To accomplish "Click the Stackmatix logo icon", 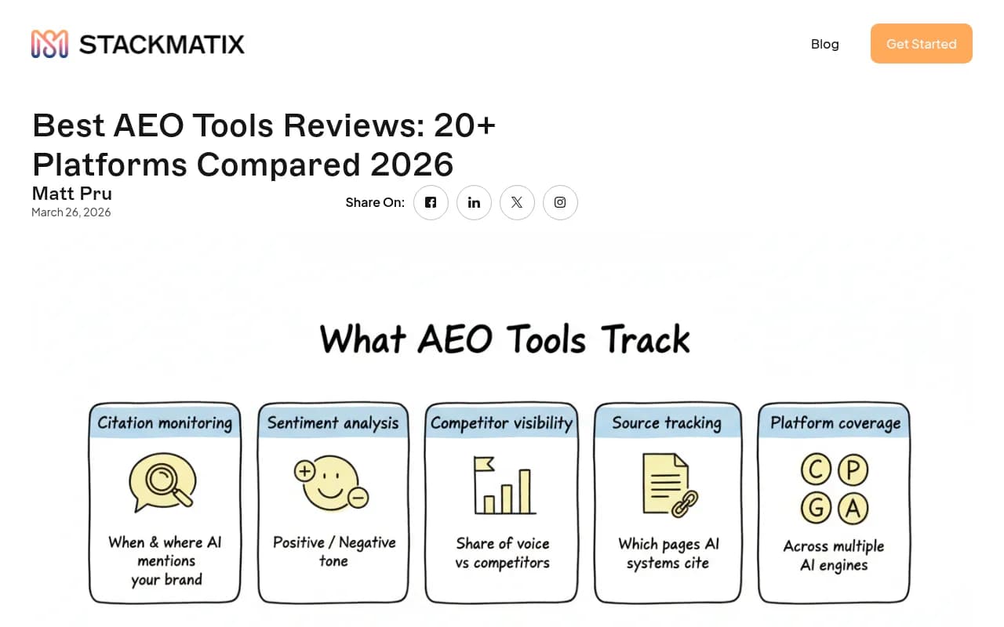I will pyautogui.click(x=49, y=44).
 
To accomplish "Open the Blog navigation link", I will pyautogui.click(x=824, y=44).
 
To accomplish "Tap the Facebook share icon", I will pyautogui.click(x=431, y=202).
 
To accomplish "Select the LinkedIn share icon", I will pyautogui.click(x=474, y=202).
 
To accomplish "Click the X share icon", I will pyautogui.click(x=517, y=202).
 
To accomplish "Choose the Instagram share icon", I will pyautogui.click(x=560, y=202).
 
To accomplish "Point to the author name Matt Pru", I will pyautogui.click(x=71, y=193).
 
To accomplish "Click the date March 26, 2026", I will pyautogui.click(x=71, y=212).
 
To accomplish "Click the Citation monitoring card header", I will pyautogui.click(x=165, y=423).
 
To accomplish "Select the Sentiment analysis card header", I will pyautogui.click(x=333, y=423).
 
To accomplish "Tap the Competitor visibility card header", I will pyautogui.click(x=501, y=423).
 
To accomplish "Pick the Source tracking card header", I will pyautogui.click(x=667, y=423).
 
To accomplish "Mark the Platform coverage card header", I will pyautogui.click(x=835, y=423).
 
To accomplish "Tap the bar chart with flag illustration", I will pyautogui.click(x=503, y=486).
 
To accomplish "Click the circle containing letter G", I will pyautogui.click(x=816, y=508).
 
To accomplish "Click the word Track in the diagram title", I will pyautogui.click(x=646, y=339).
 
